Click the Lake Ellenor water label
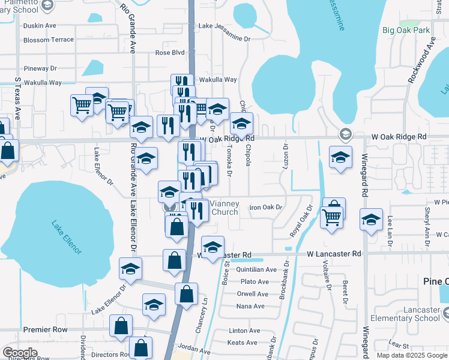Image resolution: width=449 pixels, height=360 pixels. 66,238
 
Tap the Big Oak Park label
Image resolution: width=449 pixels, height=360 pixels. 406,30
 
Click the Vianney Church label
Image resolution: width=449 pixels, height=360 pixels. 224,208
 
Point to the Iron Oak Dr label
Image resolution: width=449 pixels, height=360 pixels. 265,207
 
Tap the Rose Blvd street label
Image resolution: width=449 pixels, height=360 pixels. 170,53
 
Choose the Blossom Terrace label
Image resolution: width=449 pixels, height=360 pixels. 48,40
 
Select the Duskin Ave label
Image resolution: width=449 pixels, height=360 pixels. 39,26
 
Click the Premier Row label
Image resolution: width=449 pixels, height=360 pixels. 44,329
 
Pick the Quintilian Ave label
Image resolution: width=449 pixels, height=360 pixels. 256,269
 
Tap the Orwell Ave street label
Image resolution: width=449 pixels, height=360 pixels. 253,294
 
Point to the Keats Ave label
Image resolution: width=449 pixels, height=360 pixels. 243,343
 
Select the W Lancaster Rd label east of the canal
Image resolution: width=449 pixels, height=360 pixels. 334,254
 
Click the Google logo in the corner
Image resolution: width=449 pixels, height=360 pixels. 20,352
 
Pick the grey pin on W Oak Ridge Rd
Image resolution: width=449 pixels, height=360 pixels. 345,133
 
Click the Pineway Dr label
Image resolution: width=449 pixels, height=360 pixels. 41,69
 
